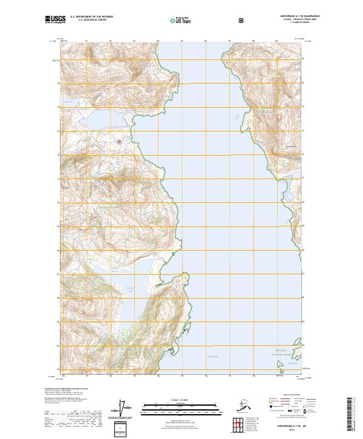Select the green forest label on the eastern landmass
266,112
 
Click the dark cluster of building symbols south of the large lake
119,143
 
